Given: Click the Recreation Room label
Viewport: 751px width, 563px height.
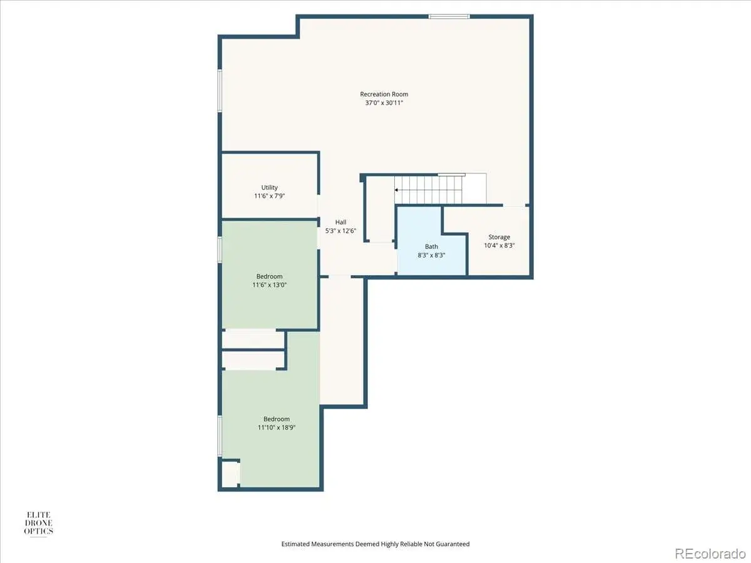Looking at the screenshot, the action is click(x=384, y=94).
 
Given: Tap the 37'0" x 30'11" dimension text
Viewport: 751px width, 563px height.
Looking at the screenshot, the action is click(x=384, y=103).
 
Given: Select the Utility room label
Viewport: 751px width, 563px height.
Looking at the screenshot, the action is click(x=269, y=187).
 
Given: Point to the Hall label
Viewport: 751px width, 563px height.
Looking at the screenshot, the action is click(x=340, y=222).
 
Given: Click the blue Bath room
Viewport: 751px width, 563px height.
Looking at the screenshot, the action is click(x=431, y=253).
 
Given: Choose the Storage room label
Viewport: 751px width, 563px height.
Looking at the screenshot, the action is click(x=499, y=237).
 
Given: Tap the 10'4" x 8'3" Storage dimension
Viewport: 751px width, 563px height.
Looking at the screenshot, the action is click(x=499, y=245).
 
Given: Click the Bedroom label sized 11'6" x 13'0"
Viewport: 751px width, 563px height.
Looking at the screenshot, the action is click(x=269, y=276).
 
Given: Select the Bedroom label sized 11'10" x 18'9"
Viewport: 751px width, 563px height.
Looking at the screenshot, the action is click(x=277, y=418).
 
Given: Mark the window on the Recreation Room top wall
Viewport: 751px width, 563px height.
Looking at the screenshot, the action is click(x=449, y=16).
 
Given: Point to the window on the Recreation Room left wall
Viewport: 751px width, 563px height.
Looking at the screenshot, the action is click(x=220, y=91).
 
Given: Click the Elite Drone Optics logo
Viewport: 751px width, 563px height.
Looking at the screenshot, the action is click(x=38, y=524).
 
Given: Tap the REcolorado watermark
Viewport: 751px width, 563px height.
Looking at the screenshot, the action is click(x=710, y=553).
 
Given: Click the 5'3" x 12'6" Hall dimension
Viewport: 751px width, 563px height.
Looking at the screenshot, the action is click(x=340, y=231).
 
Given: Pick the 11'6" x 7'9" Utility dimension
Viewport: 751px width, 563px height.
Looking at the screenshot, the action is click(x=269, y=196).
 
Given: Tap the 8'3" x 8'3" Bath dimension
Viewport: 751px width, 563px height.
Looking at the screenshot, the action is click(x=431, y=255).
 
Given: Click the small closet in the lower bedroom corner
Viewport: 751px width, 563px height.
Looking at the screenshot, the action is click(x=230, y=474).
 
